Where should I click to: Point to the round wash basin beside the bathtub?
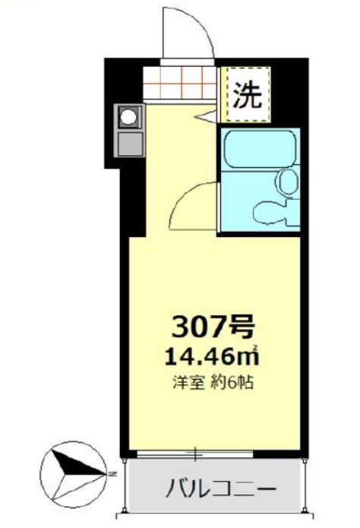(x=287, y=181)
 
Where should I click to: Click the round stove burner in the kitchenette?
(x=129, y=118)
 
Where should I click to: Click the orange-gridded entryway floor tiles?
(x=181, y=83)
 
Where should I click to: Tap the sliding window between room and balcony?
(x=197, y=454)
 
